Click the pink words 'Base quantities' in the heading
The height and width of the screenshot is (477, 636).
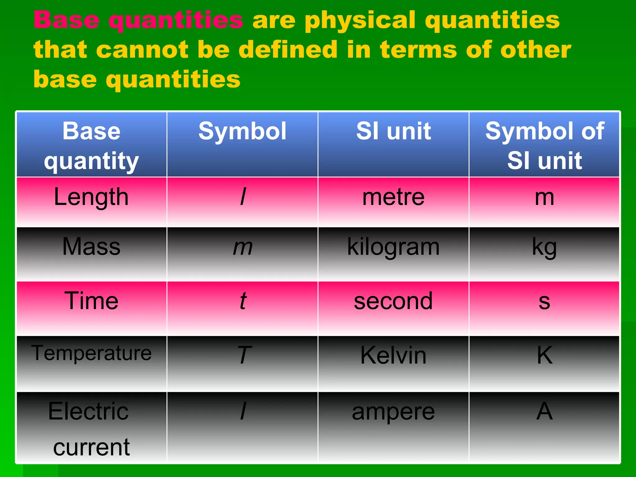(x=139, y=20)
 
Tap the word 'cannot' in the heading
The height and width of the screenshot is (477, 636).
(x=142, y=50)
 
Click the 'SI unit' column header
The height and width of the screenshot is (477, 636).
(x=393, y=131)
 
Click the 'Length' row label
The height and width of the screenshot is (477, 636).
(x=91, y=197)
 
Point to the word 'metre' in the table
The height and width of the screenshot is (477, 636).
(x=393, y=197)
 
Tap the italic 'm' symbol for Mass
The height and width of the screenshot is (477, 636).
(x=243, y=248)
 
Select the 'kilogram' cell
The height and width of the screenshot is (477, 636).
(x=393, y=247)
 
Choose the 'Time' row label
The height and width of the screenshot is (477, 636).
(x=91, y=301)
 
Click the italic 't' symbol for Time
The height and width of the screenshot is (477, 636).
(x=243, y=301)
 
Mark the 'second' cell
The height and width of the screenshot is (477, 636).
(x=393, y=301)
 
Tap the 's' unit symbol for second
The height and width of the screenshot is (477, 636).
(x=544, y=301)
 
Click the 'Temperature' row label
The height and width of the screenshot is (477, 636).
(x=91, y=353)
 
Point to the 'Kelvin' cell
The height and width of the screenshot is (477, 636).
(x=393, y=355)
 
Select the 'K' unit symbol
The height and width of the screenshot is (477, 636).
(x=544, y=355)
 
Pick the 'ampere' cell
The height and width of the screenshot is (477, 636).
(x=393, y=412)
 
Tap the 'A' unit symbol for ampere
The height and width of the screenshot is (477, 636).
(x=544, y=411)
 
